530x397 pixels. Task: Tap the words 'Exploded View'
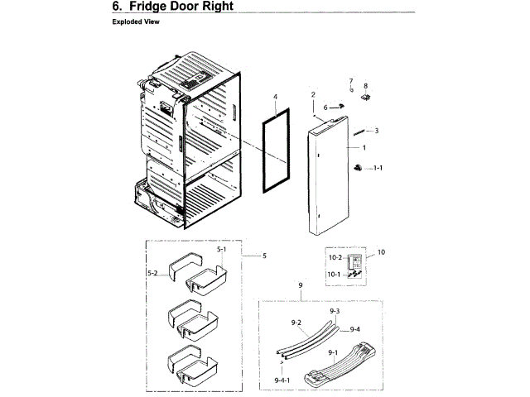[x=136, y=22]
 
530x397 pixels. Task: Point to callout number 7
[x=351, y=80]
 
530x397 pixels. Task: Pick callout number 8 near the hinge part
[x=365, y=85]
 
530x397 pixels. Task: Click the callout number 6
[x=326, y=107]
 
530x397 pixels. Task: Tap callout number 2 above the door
[x=313, y=96]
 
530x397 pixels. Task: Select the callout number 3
[x=376, y=131]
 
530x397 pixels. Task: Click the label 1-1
[x=378, y=168]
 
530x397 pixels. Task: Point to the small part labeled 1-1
[x=359, y=168]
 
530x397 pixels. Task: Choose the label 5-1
[x=221, y=249]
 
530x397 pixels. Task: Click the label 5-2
[x=152, y=273]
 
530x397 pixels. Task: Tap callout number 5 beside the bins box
[x=264, y=256]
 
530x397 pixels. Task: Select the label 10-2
[x=335, y=259]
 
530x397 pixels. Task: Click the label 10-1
[x=335, y=274]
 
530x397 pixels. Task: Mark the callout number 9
[x=300, y=285]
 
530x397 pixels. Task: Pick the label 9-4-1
[x=283, y=379]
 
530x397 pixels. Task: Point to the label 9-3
[x=335, y=311]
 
